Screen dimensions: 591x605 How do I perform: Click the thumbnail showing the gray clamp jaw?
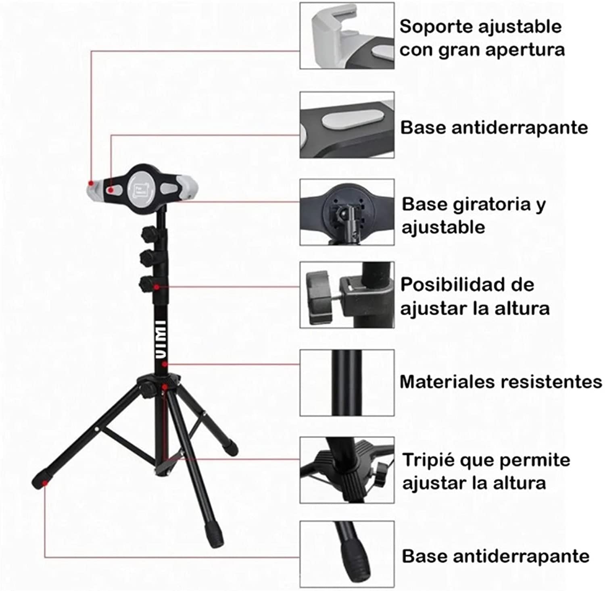click(x=347, y=36)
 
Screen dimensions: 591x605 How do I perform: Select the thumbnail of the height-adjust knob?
click(x=347, y=295)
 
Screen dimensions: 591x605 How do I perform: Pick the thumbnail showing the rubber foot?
click(x=347, y=554)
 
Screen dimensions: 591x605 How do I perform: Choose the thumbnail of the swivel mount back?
click(x=347, y=212)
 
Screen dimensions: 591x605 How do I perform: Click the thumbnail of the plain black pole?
click(x=347, y=383)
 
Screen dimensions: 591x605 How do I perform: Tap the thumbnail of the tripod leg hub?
click(x=347, y=470)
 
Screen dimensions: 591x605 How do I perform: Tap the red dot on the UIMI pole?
click(x=165, y=364)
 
